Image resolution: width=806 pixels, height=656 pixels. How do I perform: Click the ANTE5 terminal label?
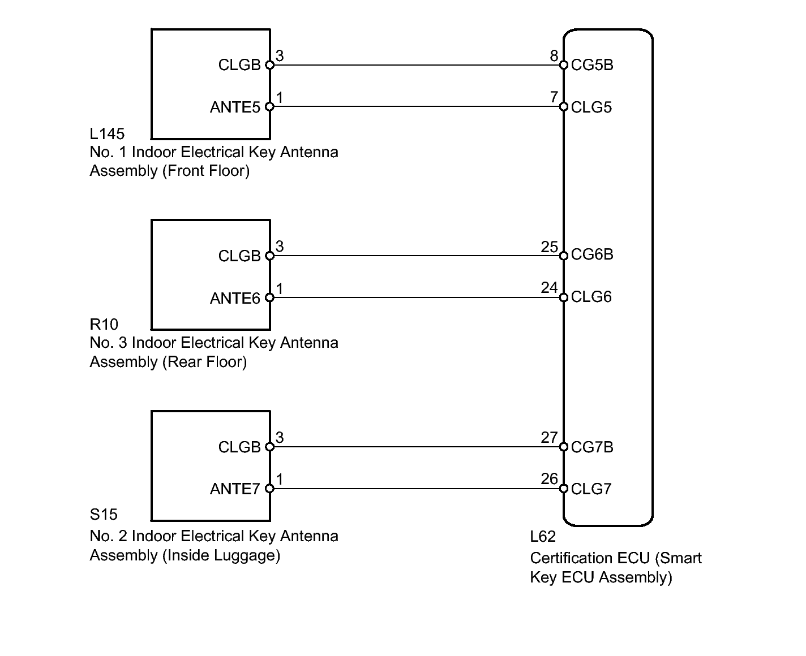point(235,107)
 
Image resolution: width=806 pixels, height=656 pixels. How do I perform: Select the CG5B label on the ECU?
point(592,65)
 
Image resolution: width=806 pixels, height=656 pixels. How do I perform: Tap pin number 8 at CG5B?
point(554,55)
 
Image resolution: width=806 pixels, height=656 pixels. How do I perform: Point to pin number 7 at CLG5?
point(554,97)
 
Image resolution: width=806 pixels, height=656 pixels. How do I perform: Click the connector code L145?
point(107,134)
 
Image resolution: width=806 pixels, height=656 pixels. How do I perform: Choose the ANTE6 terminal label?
point(235,298)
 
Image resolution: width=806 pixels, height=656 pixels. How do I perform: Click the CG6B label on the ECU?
point(592,255)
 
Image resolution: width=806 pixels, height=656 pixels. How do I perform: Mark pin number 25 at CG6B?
point(549,247)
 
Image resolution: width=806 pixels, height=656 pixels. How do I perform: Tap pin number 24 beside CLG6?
point(549,288)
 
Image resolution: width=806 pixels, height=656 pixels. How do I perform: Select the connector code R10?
point(104,325)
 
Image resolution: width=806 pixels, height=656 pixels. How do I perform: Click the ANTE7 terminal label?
point(235,489)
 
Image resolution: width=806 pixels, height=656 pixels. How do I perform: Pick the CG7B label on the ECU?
point(592,447)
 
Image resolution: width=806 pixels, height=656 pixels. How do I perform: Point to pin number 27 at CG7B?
point(549,437)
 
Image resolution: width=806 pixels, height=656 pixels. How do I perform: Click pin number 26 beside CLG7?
point(549,479)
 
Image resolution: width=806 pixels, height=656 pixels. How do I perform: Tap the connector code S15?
point(104,515)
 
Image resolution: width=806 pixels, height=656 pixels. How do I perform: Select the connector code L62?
point(543,537)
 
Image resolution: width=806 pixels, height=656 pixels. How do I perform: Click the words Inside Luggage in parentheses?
point(221,555)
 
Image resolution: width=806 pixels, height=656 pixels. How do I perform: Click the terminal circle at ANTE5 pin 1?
point(269,106)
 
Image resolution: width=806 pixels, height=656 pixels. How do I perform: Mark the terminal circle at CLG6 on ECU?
point(563,297)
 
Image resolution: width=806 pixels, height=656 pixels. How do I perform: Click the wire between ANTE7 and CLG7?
point(416,489)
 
